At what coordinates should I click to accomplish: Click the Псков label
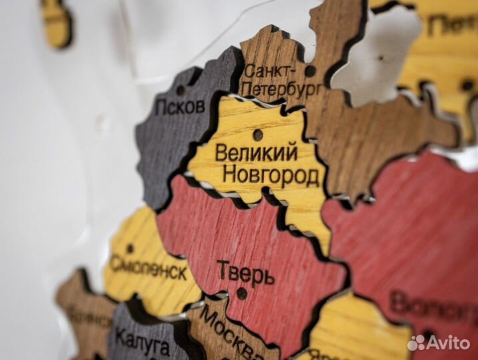tap(179, 105)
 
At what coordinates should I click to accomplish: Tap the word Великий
tap(256, 153)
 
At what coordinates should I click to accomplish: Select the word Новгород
tap(270, 176)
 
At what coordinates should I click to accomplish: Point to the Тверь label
tap(245, 272)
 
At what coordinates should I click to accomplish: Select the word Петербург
tap(281, 87)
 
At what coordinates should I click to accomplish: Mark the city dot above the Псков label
tap(181, 90)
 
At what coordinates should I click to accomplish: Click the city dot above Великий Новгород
tap(258, 135)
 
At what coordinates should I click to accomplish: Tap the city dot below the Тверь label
tap(241, 293)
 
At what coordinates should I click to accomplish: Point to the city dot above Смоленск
tap(130, 249)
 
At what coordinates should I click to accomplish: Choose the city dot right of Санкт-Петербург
tap(310, 71)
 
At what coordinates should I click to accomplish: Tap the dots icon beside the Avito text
tap(417, 343)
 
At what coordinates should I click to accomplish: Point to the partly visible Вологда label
tap(433, 307)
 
